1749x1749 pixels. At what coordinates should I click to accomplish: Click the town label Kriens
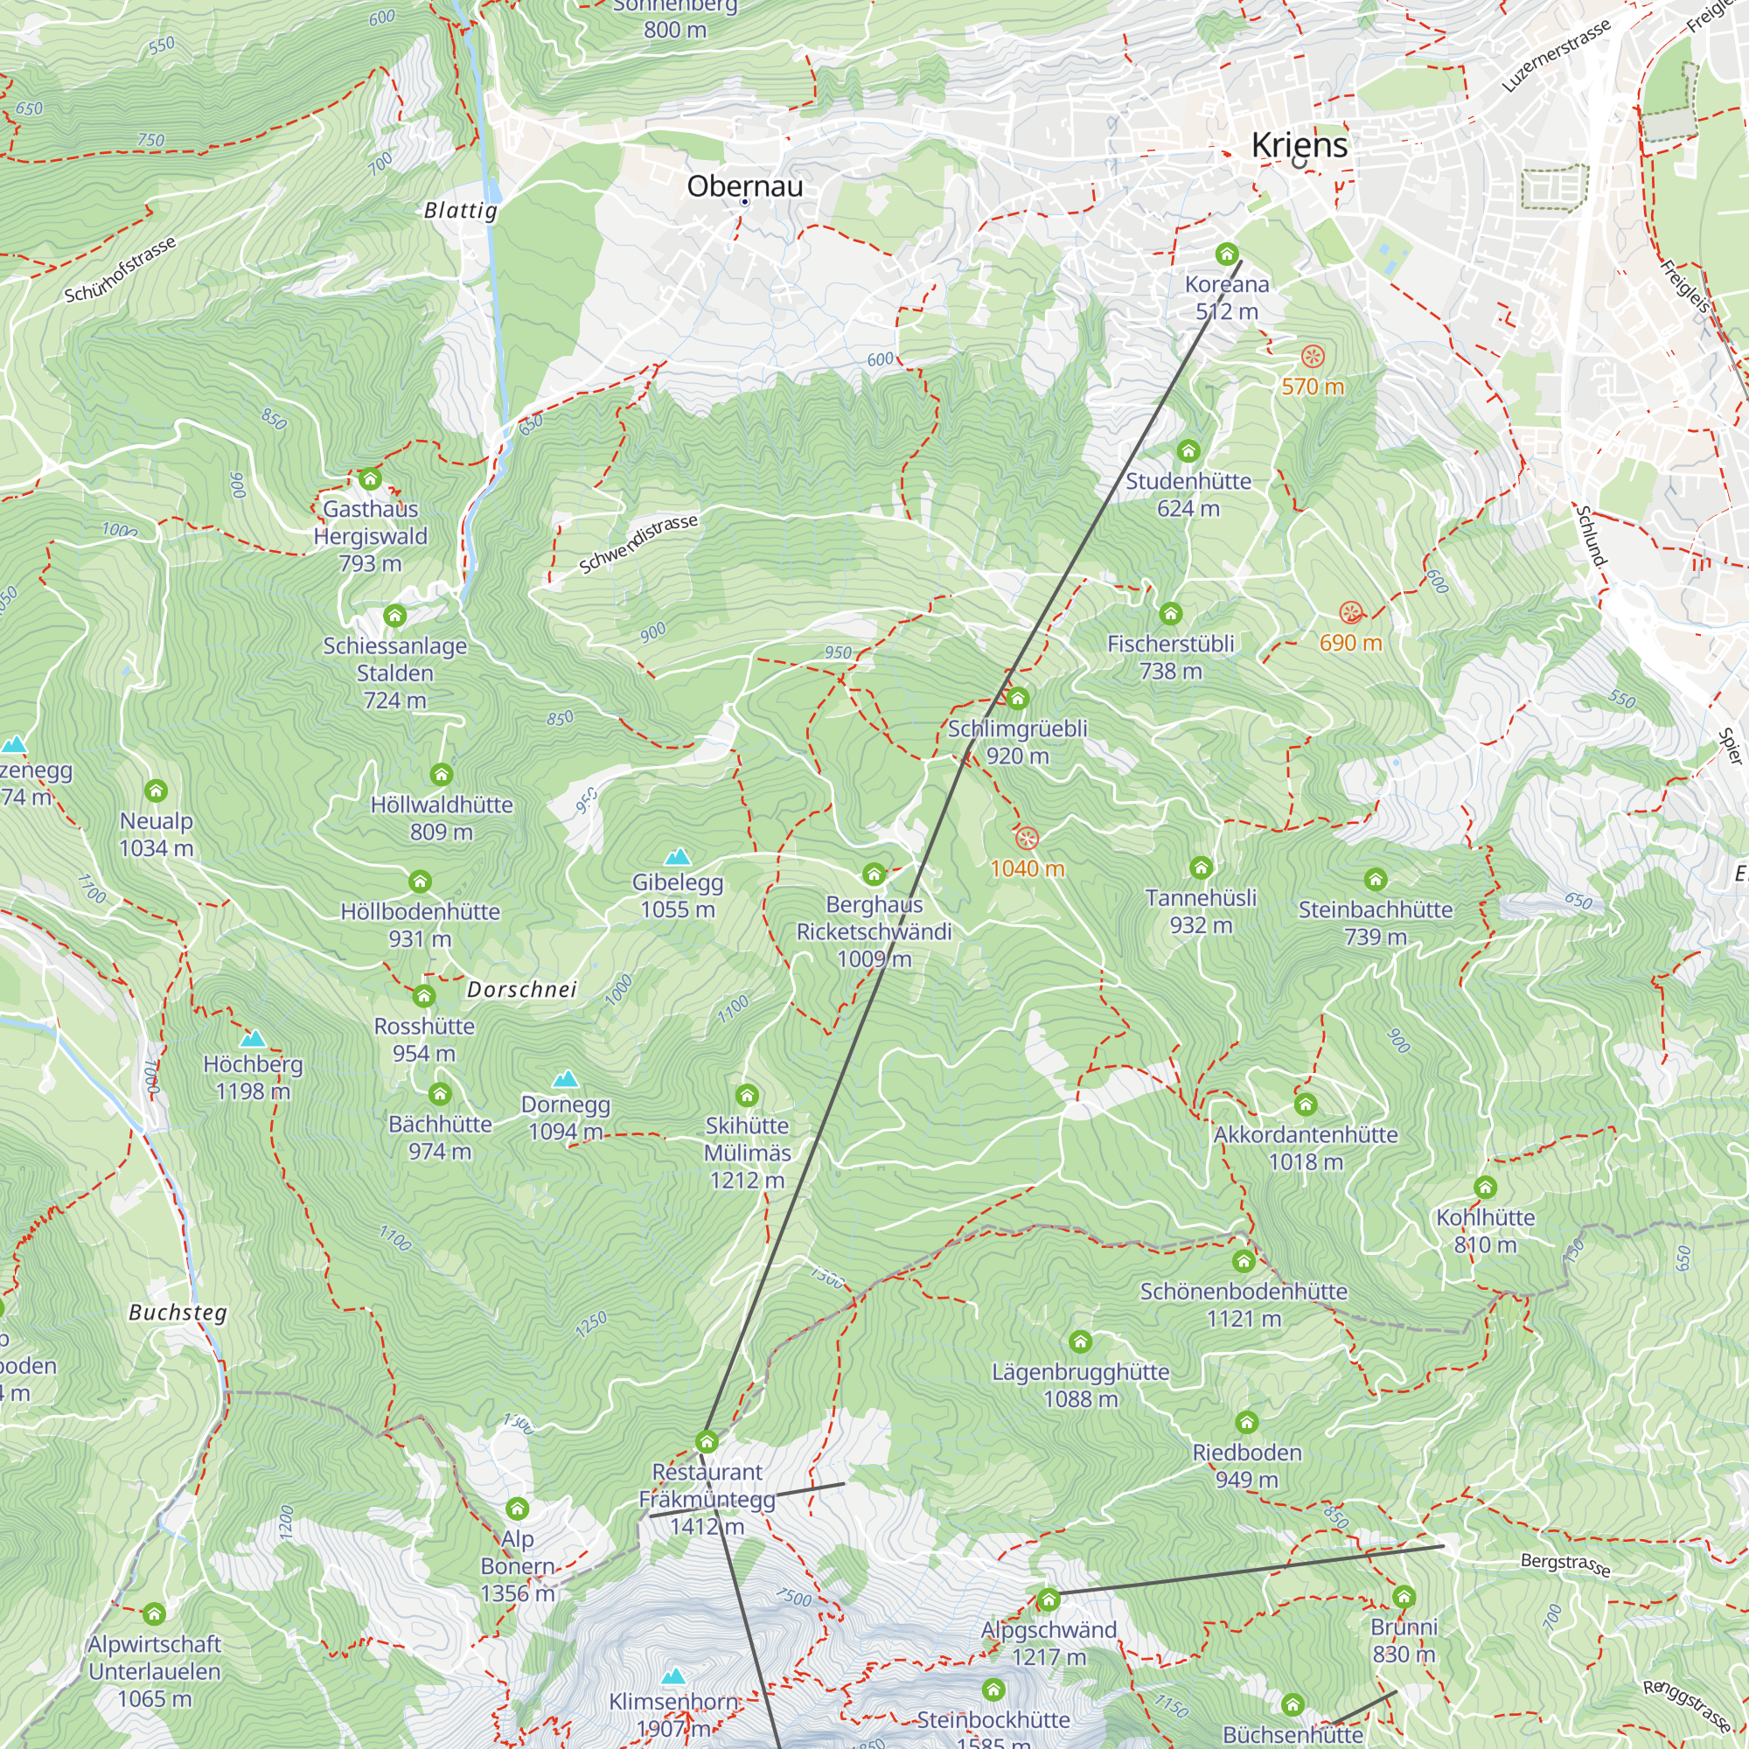(1300, 146)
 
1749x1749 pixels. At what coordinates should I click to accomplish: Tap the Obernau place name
(744, 186)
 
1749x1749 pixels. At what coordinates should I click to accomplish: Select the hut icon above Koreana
(1227, 254)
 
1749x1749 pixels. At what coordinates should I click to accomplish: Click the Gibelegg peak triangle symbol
(677, 856)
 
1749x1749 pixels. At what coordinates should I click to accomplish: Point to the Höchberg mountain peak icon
(253, 1038)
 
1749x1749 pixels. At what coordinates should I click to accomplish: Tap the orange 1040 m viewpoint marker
(1026, 839)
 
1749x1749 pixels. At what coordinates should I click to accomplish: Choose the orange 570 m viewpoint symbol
(1313, 356)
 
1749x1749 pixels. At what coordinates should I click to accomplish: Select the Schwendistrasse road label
(638, 543)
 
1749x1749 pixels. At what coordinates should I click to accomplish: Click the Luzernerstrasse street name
(1557, 55)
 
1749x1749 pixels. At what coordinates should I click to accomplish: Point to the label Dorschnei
(521, 989)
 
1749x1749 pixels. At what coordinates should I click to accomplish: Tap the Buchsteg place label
(178, 1313)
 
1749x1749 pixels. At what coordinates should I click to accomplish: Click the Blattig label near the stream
(461, 211)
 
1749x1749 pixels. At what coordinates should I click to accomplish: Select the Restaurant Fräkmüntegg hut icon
(707, 1441)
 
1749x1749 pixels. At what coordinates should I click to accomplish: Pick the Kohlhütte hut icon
(1486, 1188)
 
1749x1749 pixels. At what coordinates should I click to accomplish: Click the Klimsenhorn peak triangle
(673, 1676)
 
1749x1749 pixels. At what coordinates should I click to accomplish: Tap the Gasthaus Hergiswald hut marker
(369, 479)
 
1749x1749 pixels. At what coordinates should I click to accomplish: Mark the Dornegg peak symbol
(566, 1079)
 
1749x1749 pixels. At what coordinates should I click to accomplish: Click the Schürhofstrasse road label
(120, 269)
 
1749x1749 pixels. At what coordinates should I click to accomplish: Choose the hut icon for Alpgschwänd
(1049, 1599)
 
